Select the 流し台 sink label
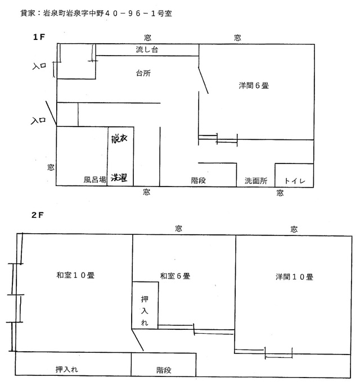[x=147, y=49]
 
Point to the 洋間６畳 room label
[x=253, y=86]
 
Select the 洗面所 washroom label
[x=255, y=181]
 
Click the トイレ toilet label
[x=294, y=181]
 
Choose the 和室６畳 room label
[x=175, y=276]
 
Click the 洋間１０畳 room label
[x=294, y=277]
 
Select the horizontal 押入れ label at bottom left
[x=71, y=370]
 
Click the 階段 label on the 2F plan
[x=164, y=370]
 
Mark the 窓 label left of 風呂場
[x=51, y=167]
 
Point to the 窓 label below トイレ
[x=280, y=193]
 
